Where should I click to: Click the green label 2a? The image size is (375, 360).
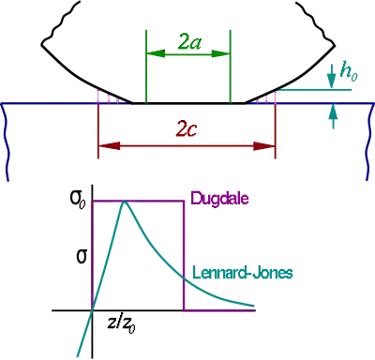189,42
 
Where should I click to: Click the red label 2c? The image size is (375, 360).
187,128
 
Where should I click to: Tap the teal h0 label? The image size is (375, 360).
349,72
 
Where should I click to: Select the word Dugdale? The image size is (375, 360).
219,199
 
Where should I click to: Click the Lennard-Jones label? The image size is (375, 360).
243,273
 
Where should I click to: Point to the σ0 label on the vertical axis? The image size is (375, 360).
78,200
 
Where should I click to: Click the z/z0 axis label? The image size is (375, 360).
121,324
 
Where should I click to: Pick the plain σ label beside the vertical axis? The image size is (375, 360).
82,257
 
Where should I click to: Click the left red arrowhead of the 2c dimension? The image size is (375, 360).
109,145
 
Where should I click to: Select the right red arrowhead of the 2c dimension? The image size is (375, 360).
264,145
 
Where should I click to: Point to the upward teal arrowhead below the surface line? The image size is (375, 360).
333,112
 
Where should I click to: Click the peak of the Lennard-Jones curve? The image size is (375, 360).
125,202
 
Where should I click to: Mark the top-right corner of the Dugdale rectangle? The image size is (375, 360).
184,202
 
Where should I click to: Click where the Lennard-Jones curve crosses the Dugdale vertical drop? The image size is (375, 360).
184,278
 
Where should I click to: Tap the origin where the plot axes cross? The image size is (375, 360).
92,310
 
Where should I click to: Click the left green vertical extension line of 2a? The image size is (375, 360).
146,67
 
